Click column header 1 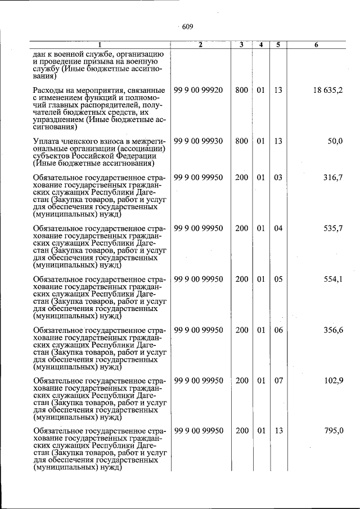[x=100, y=44]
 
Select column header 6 [x=317, y=44]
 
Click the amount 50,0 [x=335, y=141]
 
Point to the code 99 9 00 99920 [x=199, y=90]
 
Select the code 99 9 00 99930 [x=199, y=141]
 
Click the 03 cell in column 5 [x=278, y=178]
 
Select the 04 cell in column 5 [x=278, y=228]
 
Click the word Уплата [x=47, y=142]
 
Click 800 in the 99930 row [x=241, y=141]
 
